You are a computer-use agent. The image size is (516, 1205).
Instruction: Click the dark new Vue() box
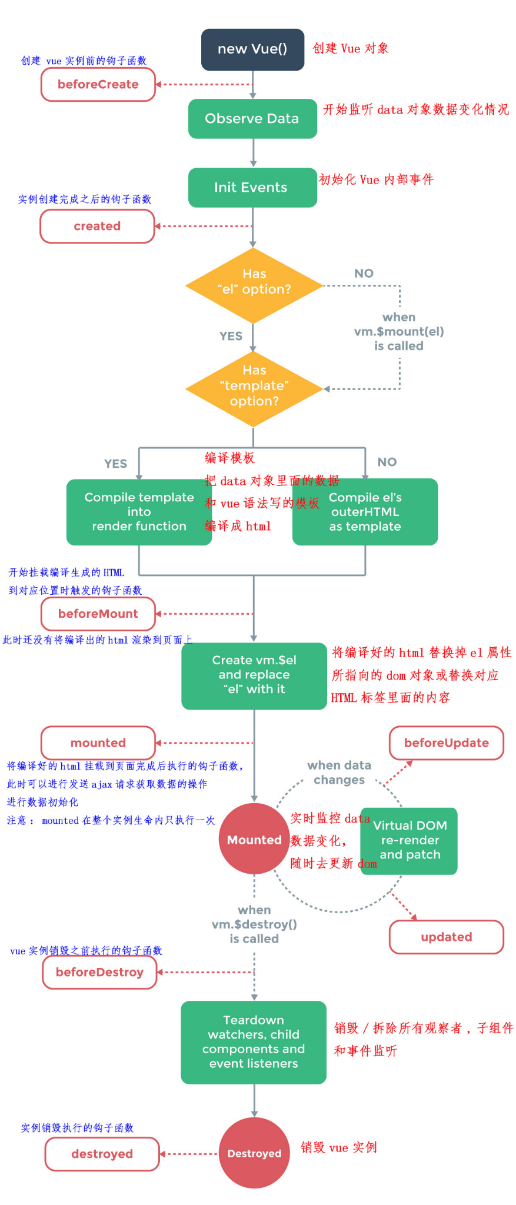pos(252,49)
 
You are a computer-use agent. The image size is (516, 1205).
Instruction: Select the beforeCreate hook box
pos(98,84)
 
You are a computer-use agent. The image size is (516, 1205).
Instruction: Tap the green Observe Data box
pos(252,118)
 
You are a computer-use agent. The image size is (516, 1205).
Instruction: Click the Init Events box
pos(252,187)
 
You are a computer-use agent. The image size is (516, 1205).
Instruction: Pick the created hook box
pos(97,226)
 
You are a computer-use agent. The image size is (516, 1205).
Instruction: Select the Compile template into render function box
pos(139,511)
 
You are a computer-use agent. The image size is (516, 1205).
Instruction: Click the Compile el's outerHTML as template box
pos(365,511)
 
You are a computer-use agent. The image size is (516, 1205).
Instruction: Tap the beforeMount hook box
pos(98,614)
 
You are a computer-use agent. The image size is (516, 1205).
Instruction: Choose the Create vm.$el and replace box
pos(254,675)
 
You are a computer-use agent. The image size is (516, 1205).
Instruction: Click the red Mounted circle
pos(254,839)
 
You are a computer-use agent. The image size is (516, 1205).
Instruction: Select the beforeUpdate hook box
pos(446,743)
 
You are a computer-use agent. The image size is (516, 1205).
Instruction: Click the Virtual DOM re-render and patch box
pos(410,840)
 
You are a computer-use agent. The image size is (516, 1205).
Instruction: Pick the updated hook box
pos(446,937)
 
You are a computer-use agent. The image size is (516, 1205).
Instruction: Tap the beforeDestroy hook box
pos(99,972)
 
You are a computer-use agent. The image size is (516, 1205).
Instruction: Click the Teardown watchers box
pos(254,1041)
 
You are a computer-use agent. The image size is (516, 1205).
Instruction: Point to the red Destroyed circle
pos(254,1153)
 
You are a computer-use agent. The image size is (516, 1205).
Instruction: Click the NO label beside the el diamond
pos(364,273)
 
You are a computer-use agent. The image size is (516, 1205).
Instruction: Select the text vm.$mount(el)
pos(399,331)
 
